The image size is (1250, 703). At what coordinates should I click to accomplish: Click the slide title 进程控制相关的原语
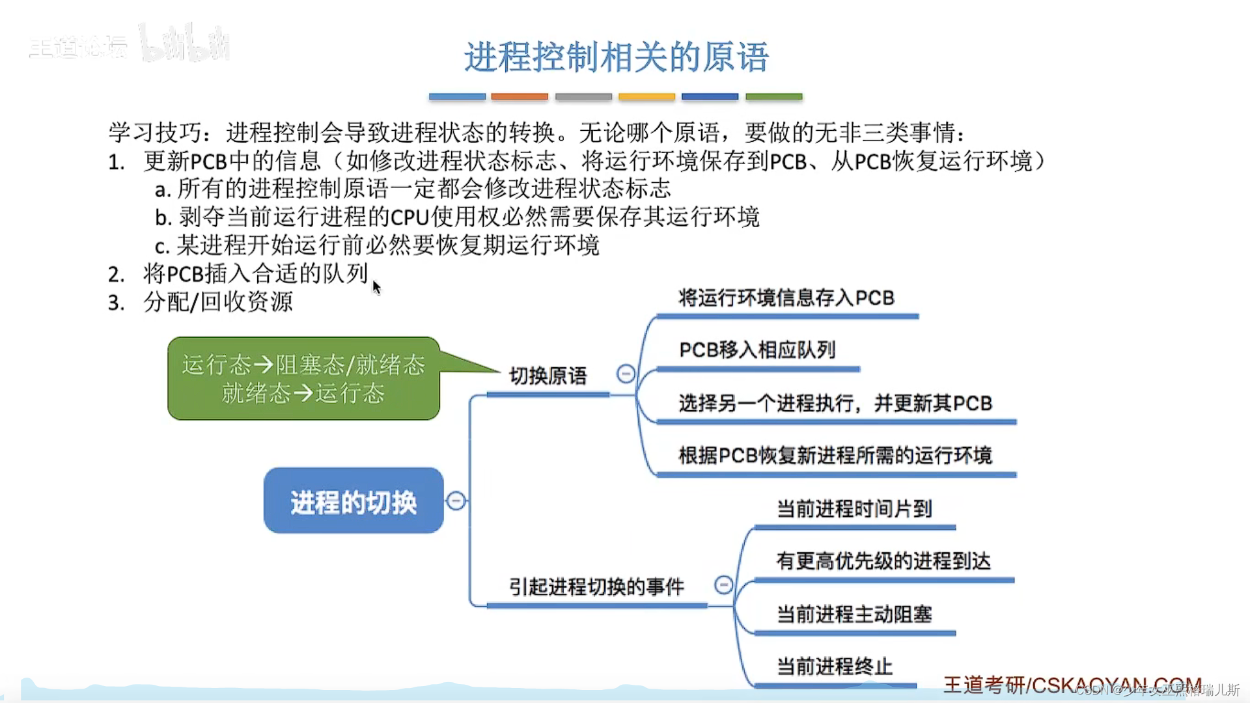(x=616, y=57)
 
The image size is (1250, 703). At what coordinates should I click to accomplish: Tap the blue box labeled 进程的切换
(x=353, y=501)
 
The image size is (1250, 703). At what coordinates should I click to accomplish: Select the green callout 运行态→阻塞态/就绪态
(x=303, y=378)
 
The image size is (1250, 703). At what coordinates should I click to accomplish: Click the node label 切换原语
(x=548, y=376)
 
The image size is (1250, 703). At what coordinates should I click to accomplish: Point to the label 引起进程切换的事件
(x=596, y=586)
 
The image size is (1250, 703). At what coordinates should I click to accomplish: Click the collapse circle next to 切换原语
(x=626, y=374)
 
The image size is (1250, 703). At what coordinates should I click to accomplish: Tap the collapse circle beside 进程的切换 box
(x=456, y=501)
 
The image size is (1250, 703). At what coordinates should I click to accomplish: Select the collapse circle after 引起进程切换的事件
(x=723, y=585)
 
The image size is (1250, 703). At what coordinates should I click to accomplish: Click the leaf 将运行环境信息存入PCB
(x=786, y=298)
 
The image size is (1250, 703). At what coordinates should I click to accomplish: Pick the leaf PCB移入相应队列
(x=757, y=350)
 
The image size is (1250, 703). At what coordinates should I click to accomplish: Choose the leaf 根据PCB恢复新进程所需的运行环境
(x=835, y=455)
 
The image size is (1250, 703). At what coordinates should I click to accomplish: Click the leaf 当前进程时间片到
(x=854, y=508)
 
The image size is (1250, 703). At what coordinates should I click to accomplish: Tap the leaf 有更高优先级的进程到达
(x=883, y=560)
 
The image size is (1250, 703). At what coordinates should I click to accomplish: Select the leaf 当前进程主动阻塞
(x=854, y=614)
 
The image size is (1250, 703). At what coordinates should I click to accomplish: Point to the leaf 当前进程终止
(x=834, y=666)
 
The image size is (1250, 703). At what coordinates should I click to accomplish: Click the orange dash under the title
(x=520, y=96)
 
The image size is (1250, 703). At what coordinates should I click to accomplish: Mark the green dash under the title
(x=773, y=96)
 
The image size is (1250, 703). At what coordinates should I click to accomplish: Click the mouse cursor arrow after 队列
(x=376, y=286)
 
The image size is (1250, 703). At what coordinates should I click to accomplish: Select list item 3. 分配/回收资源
(x=202, y=302)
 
